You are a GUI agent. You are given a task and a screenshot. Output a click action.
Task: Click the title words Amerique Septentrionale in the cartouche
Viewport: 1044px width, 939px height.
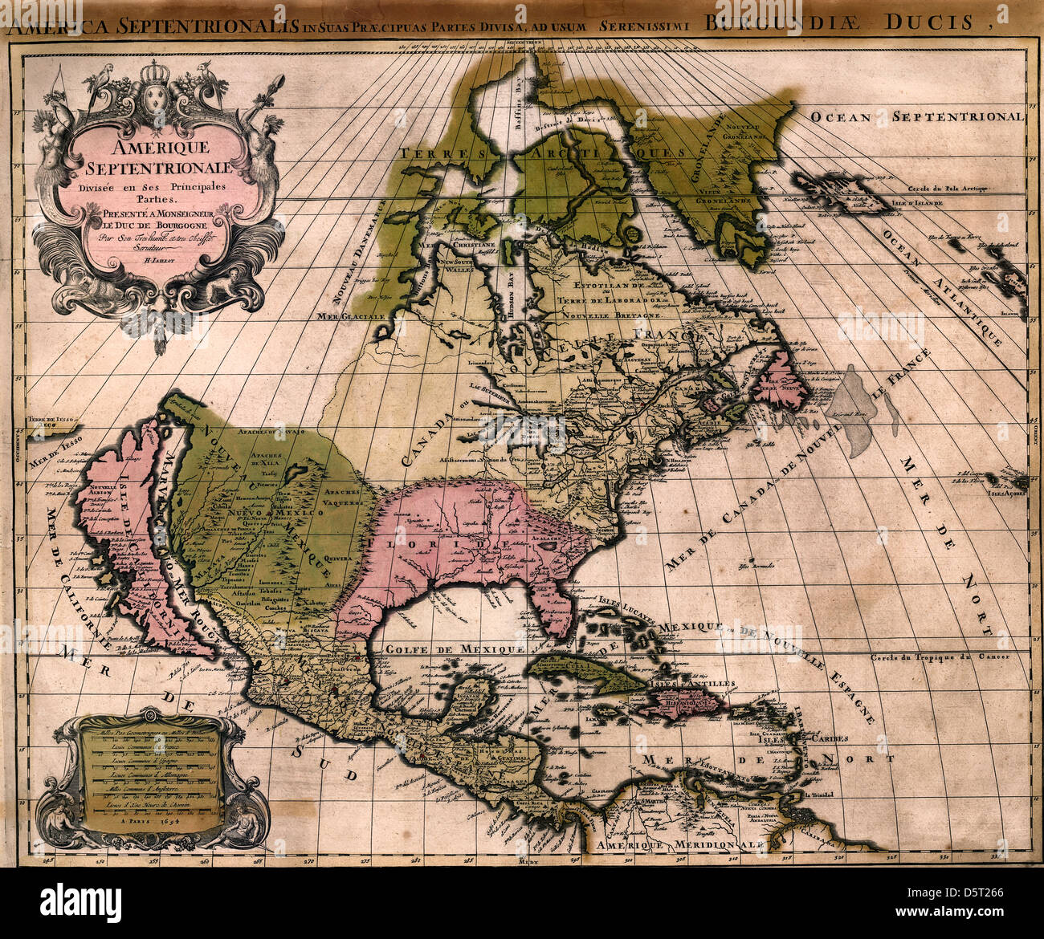pos(149,157)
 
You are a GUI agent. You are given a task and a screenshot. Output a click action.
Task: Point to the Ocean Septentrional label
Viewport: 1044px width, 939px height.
pos(916,117)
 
